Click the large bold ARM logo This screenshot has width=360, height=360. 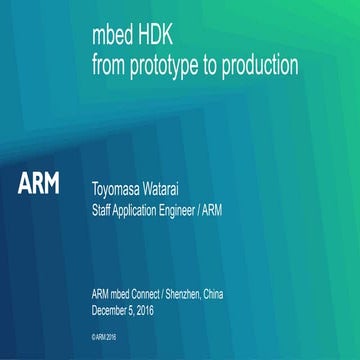[x=39, y=184]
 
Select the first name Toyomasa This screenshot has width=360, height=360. [x=123, y=186]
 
